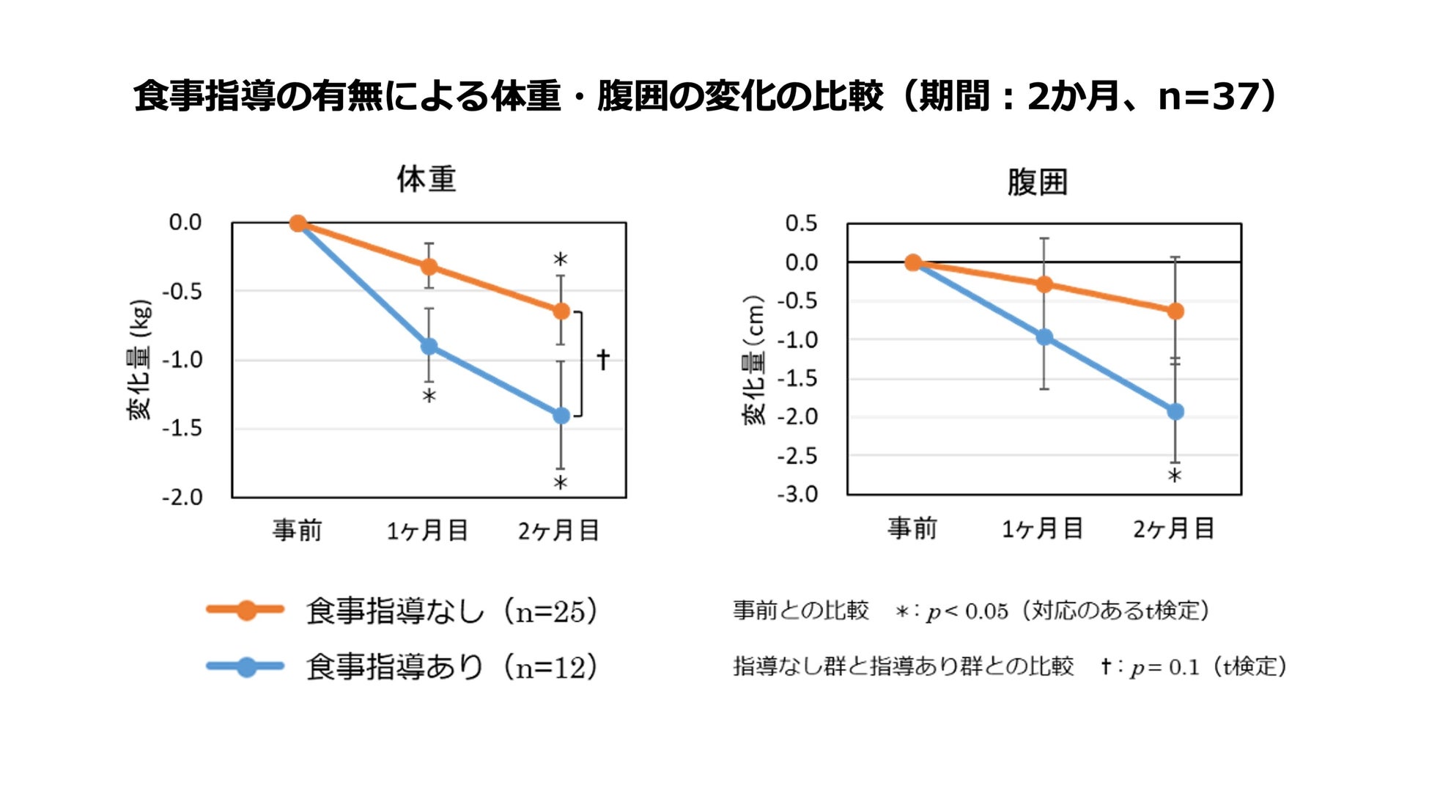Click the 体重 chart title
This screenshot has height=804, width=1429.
(x=427, y=180)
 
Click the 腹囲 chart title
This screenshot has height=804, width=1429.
(x=1037, y=182)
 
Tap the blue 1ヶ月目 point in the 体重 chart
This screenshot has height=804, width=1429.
(x=429, y=347)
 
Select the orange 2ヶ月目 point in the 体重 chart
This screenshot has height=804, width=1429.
(x=561, y=311)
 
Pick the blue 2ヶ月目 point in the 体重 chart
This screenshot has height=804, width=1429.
(x=561, y=416)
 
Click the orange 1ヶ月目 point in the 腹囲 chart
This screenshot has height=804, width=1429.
(x=1044, y=284)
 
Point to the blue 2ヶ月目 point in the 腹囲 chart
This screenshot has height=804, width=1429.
(x=1175, y=412)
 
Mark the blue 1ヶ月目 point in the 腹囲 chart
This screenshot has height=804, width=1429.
(x=1044, y=337)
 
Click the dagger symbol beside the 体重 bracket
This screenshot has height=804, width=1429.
(x=603, y=359)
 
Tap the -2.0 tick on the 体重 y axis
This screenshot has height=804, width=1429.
(x=182, y=498)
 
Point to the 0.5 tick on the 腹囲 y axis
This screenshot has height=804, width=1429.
(x=801, y=224)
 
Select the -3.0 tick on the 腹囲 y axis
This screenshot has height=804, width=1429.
(x=797, y=495)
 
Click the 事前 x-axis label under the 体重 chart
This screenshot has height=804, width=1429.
(x=298, y=530)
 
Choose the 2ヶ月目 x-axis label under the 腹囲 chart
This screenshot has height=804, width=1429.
(x=1174, y=528)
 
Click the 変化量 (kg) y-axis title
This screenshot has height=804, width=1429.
(x=140, y=360)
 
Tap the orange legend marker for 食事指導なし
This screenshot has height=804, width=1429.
(x=246, y=610)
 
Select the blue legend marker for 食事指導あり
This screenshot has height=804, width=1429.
(x=246, y=667)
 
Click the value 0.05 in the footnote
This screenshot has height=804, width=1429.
(x=986, y=611)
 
